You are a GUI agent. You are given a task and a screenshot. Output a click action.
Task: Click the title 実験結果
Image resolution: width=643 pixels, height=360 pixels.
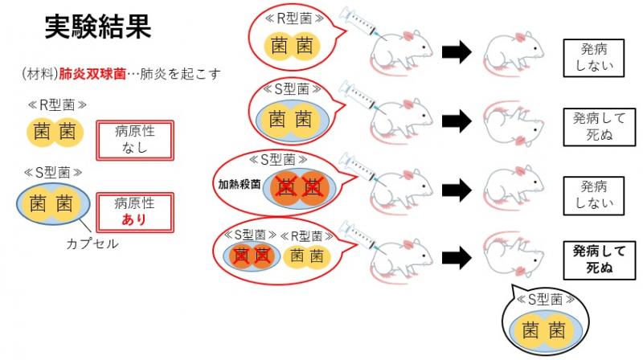pos(97,30)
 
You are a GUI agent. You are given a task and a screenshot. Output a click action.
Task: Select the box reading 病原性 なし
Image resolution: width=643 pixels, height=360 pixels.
pos(134,141)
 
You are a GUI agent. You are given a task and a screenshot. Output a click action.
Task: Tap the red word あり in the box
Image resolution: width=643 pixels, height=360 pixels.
pos(134,219)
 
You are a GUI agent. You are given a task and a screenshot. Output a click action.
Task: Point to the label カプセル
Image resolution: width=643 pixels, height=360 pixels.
pos(92,243)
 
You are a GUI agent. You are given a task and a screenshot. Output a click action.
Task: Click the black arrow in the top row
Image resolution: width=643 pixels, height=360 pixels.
pos(455,52)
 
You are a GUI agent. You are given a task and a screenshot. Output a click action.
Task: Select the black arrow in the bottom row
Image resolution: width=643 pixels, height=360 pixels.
pos(455,257)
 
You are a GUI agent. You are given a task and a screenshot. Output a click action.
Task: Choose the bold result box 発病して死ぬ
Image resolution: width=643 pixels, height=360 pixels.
pos(593,260)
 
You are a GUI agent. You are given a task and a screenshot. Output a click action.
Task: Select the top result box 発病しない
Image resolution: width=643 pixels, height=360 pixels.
pos(593,55)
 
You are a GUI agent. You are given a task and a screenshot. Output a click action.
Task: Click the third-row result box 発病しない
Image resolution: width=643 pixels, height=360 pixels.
pos(593,193)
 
